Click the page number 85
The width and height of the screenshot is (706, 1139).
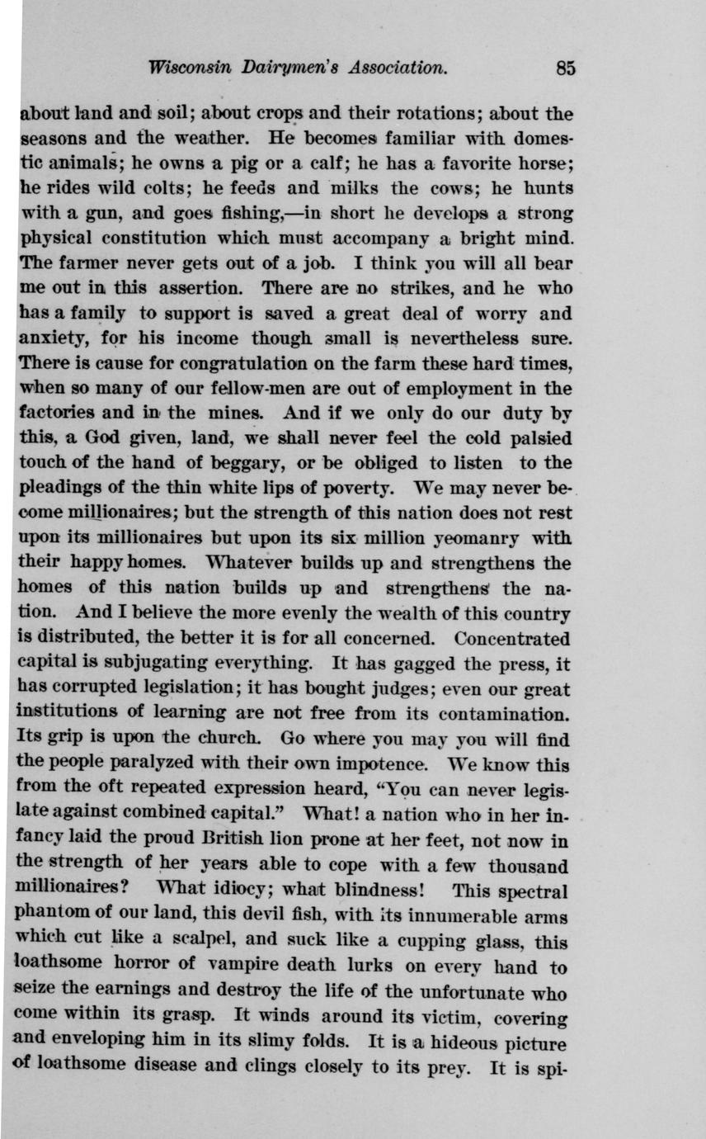tap(565, 69)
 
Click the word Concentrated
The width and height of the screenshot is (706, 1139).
tap(512, 638)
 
